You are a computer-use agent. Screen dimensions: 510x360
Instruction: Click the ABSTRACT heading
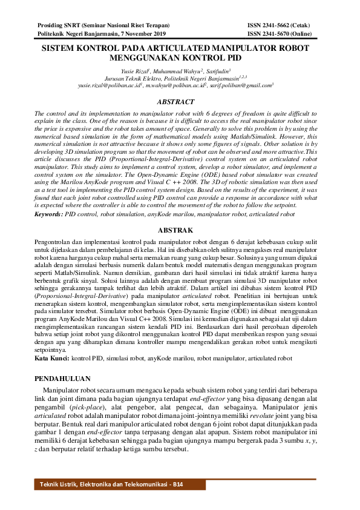(x=175, y=102)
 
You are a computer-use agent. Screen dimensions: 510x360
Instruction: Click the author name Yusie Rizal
(x=134, y=71)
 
